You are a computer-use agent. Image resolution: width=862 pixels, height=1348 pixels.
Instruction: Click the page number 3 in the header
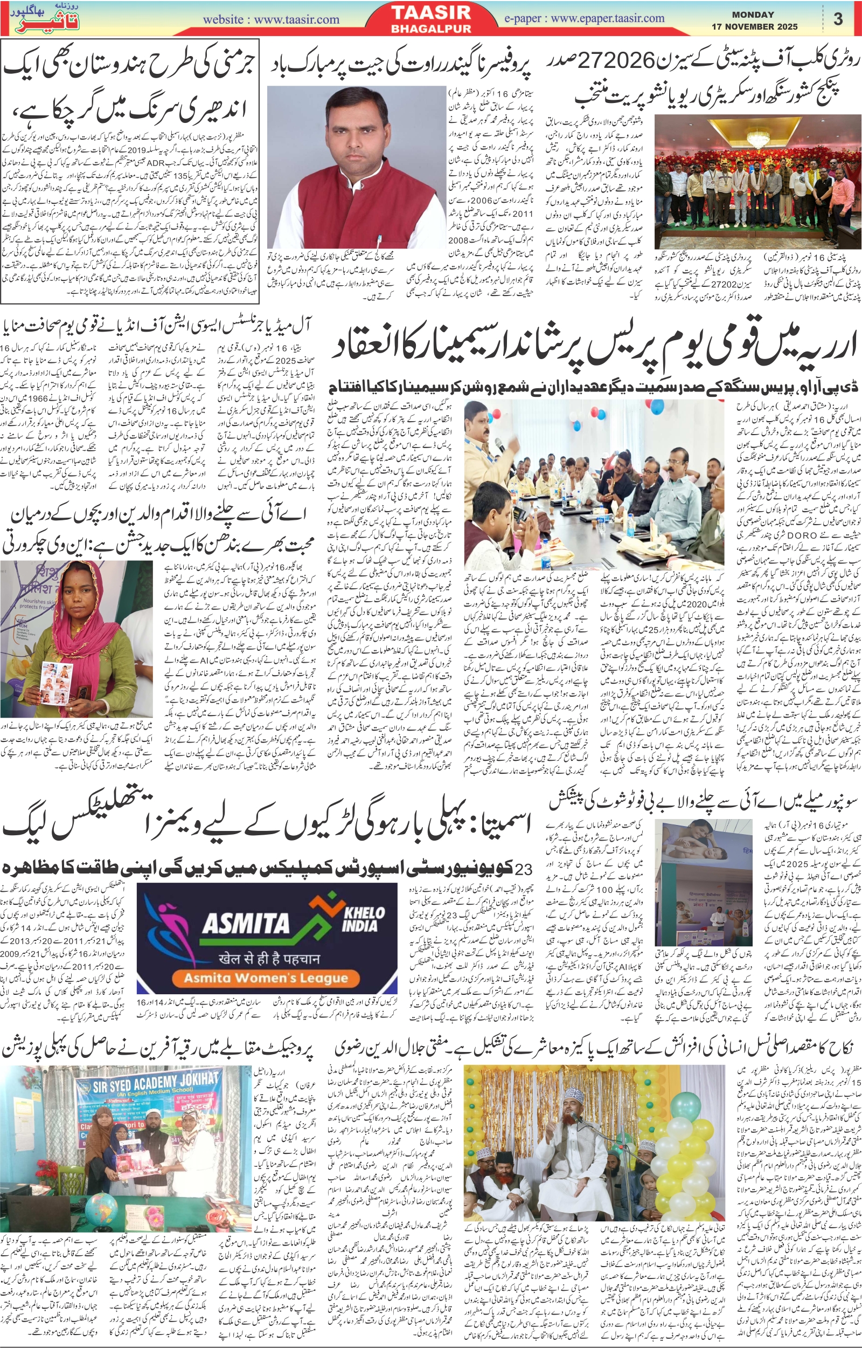point(837,19)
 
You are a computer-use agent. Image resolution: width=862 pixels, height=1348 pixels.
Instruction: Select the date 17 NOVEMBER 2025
point(755,26)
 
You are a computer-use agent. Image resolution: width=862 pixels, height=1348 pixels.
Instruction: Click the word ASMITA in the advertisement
point(246,921)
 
